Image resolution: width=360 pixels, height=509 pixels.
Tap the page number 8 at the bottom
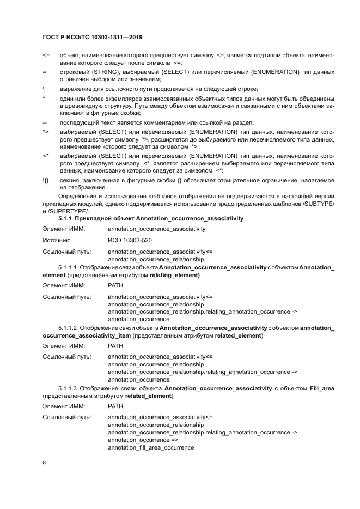point(44,463)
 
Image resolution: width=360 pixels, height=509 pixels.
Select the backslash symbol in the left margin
point(44,89)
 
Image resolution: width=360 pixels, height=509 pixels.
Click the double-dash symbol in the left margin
point(44,122)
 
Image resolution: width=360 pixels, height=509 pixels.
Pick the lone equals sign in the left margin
point(44,72)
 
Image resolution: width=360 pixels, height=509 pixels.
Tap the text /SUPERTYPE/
point(69,211)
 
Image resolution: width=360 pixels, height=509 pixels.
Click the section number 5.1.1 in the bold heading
point(67,218)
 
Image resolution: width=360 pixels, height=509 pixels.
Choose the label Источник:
point(57,240)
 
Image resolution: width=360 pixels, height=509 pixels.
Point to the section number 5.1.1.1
point(68,268)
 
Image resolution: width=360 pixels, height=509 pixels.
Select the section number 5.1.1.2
point(68,328)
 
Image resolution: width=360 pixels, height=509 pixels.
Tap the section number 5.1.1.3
point(68,388)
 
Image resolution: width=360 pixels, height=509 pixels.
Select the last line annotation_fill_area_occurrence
point(151,447)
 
